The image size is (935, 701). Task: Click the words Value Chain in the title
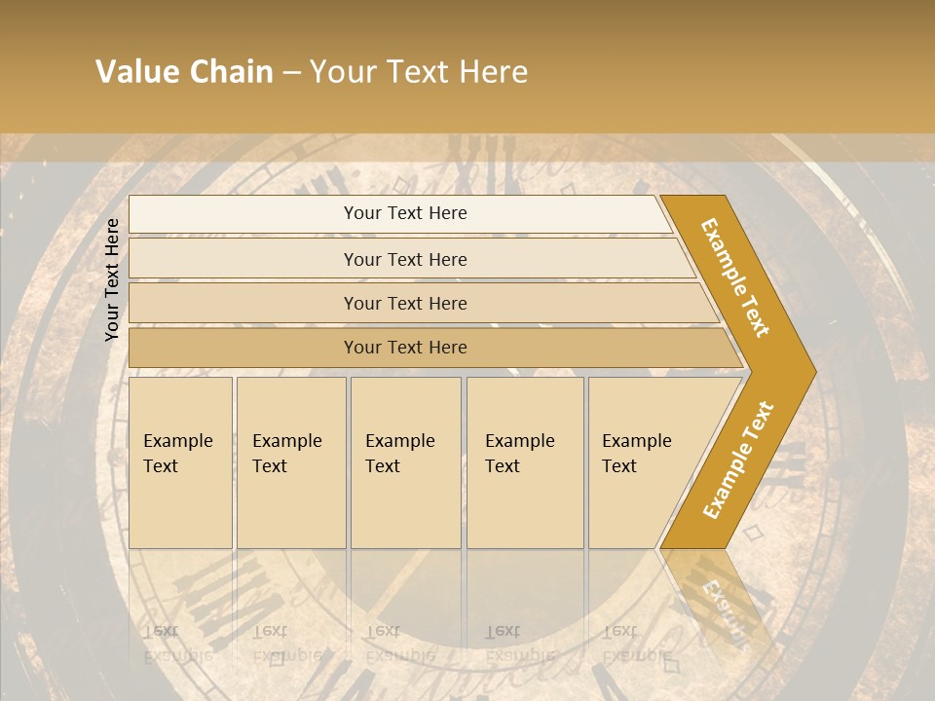(x=184, y=72)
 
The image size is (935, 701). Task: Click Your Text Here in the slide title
(x=419, y=72)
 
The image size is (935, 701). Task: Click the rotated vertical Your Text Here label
(x=112, y=279)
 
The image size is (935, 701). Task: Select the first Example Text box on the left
(x=180, y=461)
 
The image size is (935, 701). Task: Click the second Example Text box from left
(x=290, y=461)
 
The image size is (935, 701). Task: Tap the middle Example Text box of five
(x=405, y=461)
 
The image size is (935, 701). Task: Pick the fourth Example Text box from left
(x=524, y=461)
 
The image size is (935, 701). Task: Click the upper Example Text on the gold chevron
(x=735, y=277)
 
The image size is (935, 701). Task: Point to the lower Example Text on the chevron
(x=738, y=460)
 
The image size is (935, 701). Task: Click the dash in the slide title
(x=291, y=73)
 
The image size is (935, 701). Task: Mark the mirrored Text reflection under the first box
(x=161, y=631)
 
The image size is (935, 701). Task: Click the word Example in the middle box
(x=399, y=441)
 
